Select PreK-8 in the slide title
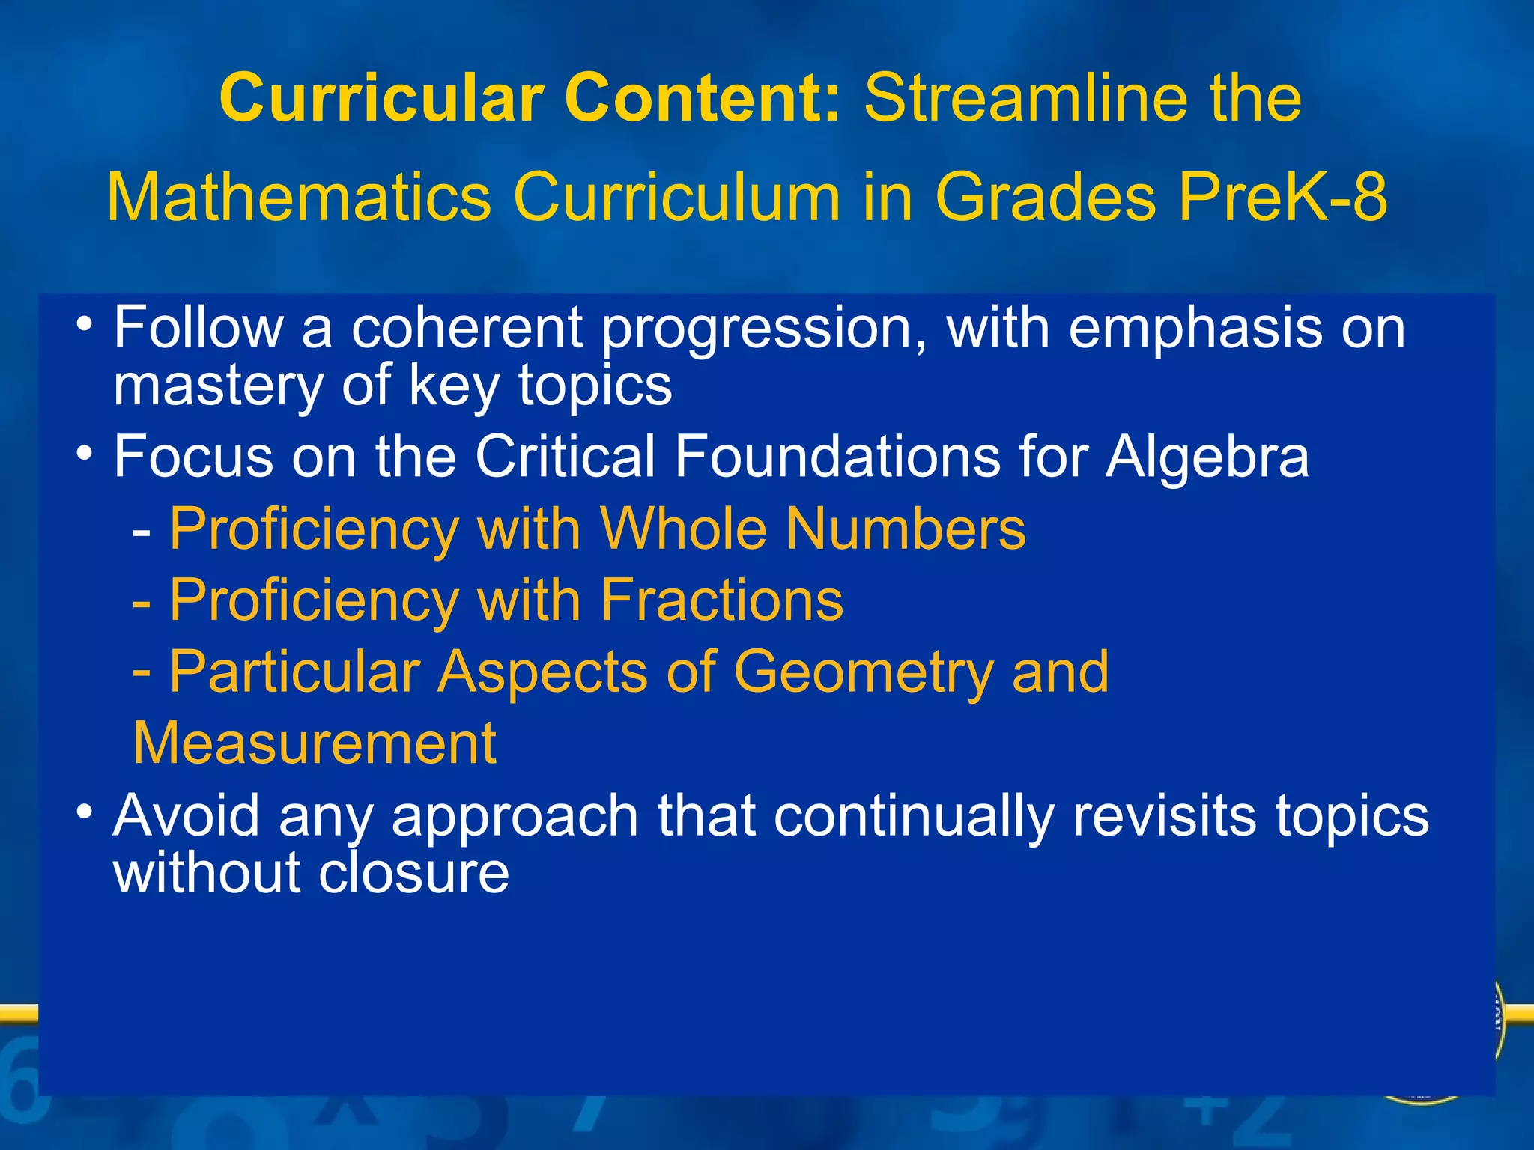(x=1283, y=198)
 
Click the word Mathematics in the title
(x=299, y=198)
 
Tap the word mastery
(x=218, y=386)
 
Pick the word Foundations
(x=837, y=457)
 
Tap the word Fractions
(x=722, y=600)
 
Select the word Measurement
(x=315, y=743)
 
